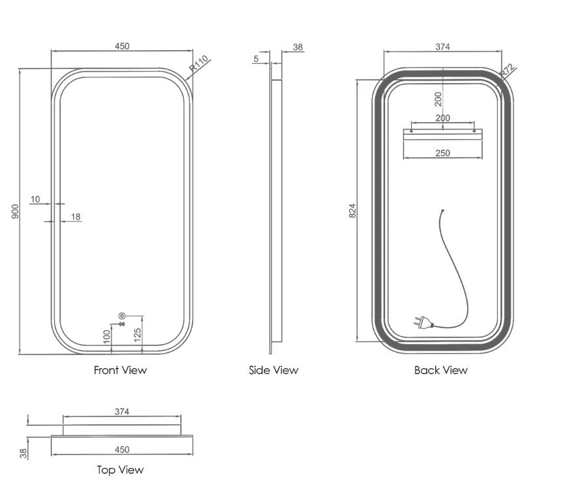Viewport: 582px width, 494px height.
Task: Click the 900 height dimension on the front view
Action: [x=15, y=211]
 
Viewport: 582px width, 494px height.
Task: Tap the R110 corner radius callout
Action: [x=198, y=63]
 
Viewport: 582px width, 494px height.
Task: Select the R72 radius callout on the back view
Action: [x=508, y=72]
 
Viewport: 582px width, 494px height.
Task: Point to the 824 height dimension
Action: [x=352, y=211]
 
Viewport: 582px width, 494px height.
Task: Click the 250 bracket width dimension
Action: [x=442, y=153]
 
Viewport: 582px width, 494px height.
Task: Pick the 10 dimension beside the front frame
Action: [x=35, y=199]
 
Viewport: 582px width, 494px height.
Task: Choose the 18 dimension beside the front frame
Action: [x=75, y=216]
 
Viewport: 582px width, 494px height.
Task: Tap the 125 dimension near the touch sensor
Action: [x=137, y=335]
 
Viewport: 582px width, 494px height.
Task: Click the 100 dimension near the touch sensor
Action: [x=107, y=337]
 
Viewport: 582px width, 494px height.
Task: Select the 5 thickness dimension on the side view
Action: [x=256, y=59]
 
